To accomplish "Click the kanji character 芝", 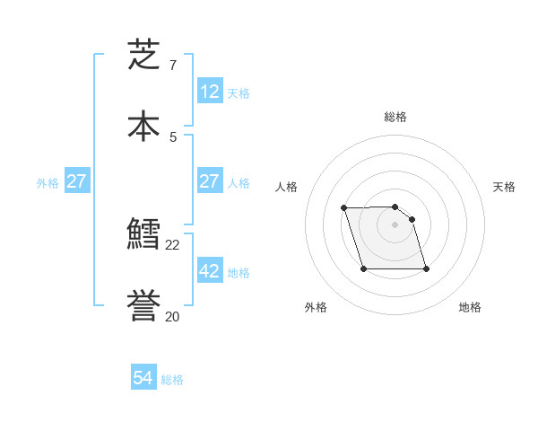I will point(143,55).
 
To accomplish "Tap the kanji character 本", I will point(143,126).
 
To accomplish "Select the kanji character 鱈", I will point(143,235).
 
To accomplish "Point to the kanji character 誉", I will point(143,306).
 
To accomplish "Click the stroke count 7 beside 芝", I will point(172,66).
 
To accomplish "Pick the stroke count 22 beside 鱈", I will point(172,245).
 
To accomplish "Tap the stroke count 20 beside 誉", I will point(172,316).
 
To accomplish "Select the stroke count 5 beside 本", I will point(172,136).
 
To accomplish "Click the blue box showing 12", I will point(209,91).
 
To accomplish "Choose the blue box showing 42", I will point(209,271).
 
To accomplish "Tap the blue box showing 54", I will point(143,378).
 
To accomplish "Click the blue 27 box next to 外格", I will point(76,181).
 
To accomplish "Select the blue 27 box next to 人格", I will point(209,181).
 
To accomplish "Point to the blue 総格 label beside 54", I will point(172,380).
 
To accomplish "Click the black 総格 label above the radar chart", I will point(395,117).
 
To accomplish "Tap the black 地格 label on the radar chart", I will point(470,307).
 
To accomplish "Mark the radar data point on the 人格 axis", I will point(344,207).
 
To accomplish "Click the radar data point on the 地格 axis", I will point(426,268).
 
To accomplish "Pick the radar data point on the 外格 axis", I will point(363,268).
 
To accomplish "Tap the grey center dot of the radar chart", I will point(395,224).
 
